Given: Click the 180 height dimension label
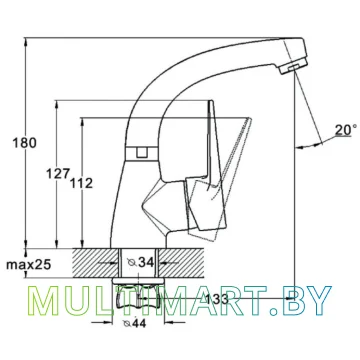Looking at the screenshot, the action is coord(24,143).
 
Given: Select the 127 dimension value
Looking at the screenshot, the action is coord(58,173).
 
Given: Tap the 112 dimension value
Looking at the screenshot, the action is coord(81,183).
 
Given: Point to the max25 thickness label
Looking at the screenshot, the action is coord(29,265).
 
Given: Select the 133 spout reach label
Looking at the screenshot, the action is coord(216,299).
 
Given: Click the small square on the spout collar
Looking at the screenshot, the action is coord(142,153).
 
